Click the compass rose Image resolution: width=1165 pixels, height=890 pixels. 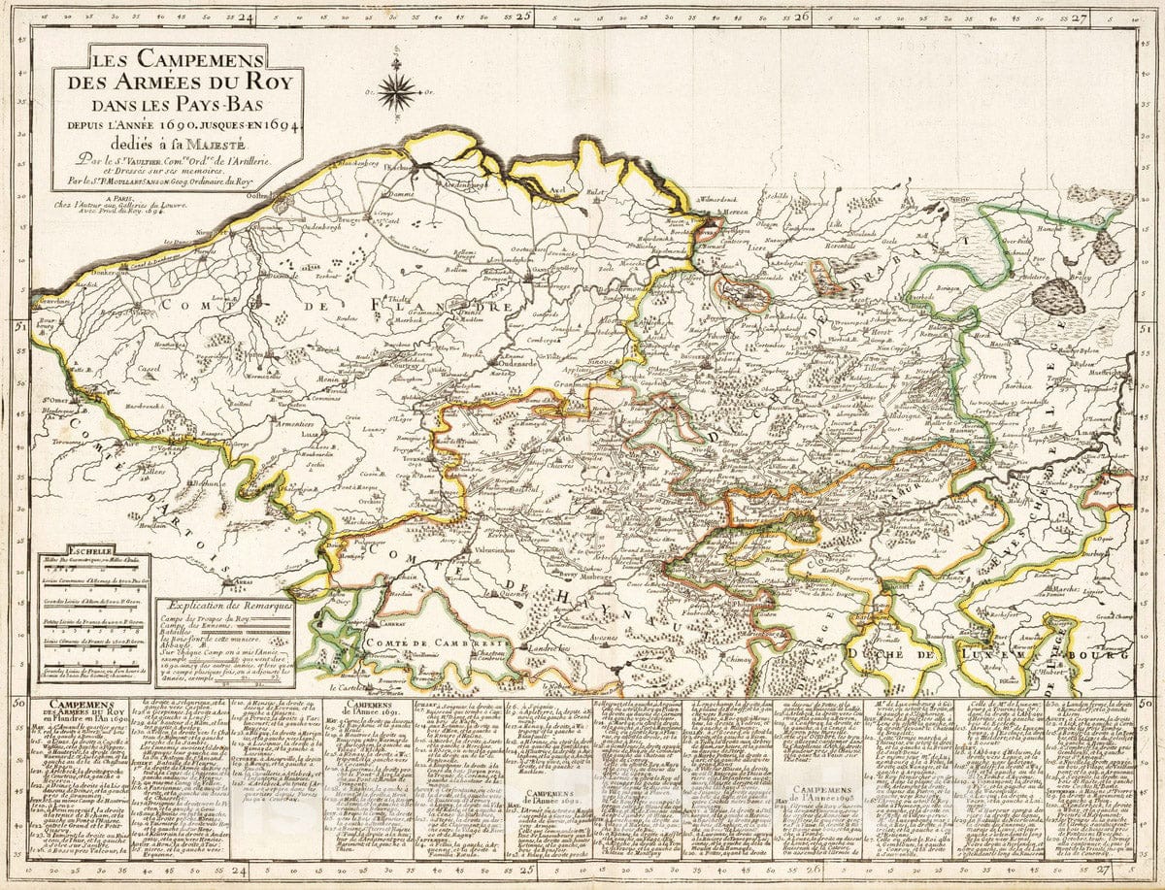(396, 91)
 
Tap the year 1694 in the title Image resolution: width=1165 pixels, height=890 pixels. (270, 126)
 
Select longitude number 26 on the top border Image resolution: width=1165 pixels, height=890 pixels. (801, 16)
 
